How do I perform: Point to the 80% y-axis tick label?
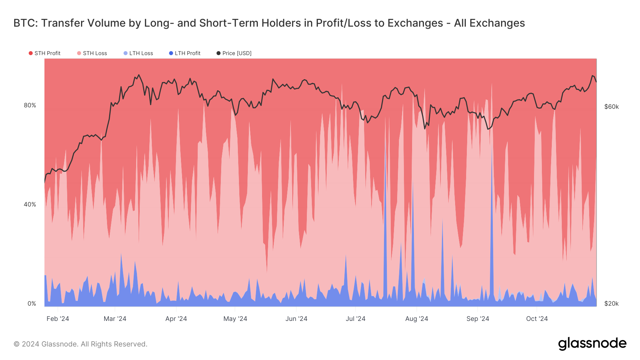pyautogui.click(x=30, y=105)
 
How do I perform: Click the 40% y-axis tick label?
pyautogui.click(x=30, y=204)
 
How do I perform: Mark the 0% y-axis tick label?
pyautogui.click(x=32, y=303)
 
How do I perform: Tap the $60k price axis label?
pyautogui.click(x=612, y=107)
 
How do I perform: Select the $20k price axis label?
pyautogui.click(x=612, y=303)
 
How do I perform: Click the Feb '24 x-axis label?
pyautogui.click(x=58, y=319)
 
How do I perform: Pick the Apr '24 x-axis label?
pyautogui.click(x=176, y=319)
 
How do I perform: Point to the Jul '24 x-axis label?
pyautogui.click(x=356, y=319)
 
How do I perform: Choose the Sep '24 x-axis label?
pyautogui.click(x=478, y=319)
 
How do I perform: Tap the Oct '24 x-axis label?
pyautogui.click(x=537, y=319)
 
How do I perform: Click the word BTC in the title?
pyautogui.click(x=25, y=23)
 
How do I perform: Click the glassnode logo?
pyautogui.click(x=592, y=344)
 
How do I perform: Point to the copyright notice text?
pyautogui.click(x=80, y=344)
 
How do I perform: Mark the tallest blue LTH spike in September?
pyautogui.click(x=492, y=149)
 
